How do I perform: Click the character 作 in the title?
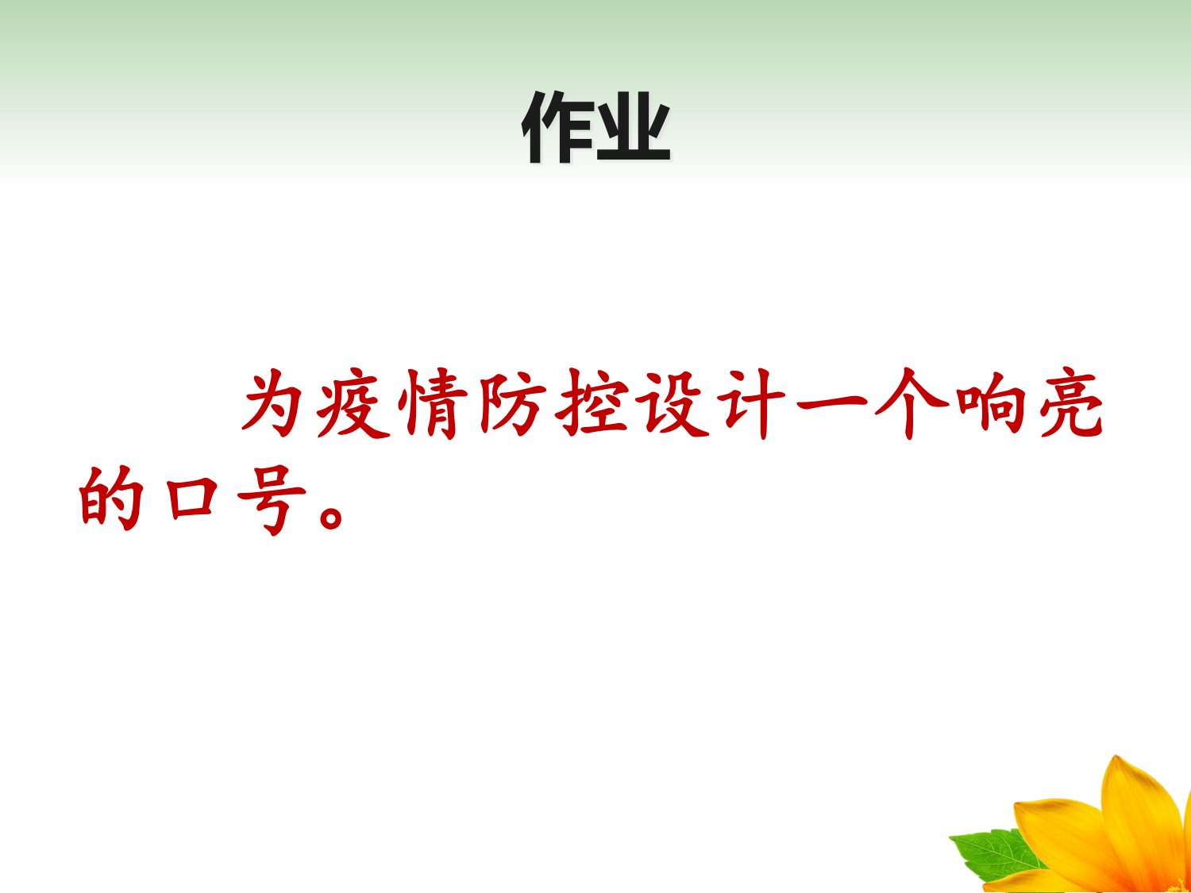click(557, 128)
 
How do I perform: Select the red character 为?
click(272, 402)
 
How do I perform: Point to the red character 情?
click(433, 403)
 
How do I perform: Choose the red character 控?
click(592, 403)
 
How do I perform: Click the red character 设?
click(673, 403)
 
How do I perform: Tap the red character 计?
click(751, 403)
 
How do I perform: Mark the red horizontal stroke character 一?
click(831, 404)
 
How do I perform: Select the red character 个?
click(912, 403)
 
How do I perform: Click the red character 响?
click(991, 403)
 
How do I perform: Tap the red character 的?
click(111, 498)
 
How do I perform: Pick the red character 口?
click(192, 498)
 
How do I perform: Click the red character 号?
click(272, 498)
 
